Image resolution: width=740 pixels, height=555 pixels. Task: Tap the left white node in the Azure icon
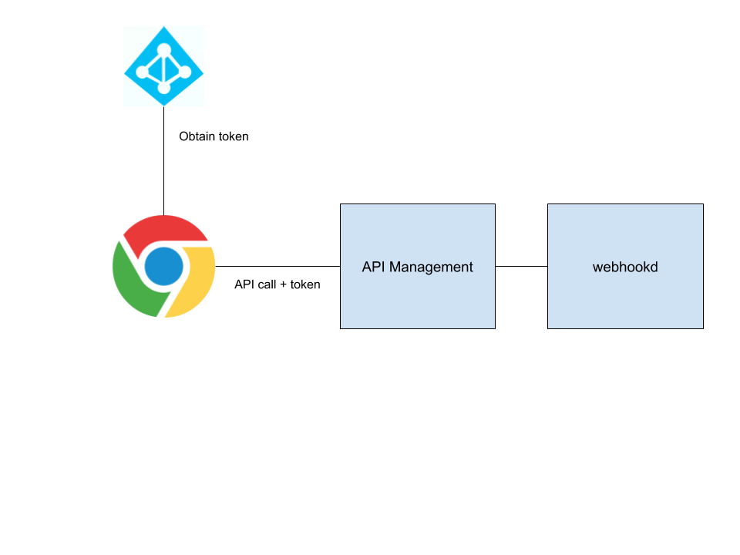(x=143, y=72)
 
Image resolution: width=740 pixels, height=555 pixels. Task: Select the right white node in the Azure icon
(x=185, y=72)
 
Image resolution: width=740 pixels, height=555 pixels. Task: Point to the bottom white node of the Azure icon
(x=163, y=88)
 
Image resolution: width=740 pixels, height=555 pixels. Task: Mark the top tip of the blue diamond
(x=163, y=27)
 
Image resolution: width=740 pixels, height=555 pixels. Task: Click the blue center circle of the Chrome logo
(x=164, y=267)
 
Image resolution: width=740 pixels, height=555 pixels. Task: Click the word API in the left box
(x=373, y=267)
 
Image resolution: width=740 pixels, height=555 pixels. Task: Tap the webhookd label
(x=625, y=267)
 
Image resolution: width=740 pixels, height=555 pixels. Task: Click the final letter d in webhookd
(x=654, y=267)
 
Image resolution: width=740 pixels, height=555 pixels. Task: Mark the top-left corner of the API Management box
(x=341, y=205)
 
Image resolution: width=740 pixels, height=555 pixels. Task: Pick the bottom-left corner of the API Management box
(x=341, y=328)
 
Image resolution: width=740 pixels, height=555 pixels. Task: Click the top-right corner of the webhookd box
(x=702, y=205)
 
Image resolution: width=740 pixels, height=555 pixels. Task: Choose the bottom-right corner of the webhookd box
(x=702, y=328)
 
